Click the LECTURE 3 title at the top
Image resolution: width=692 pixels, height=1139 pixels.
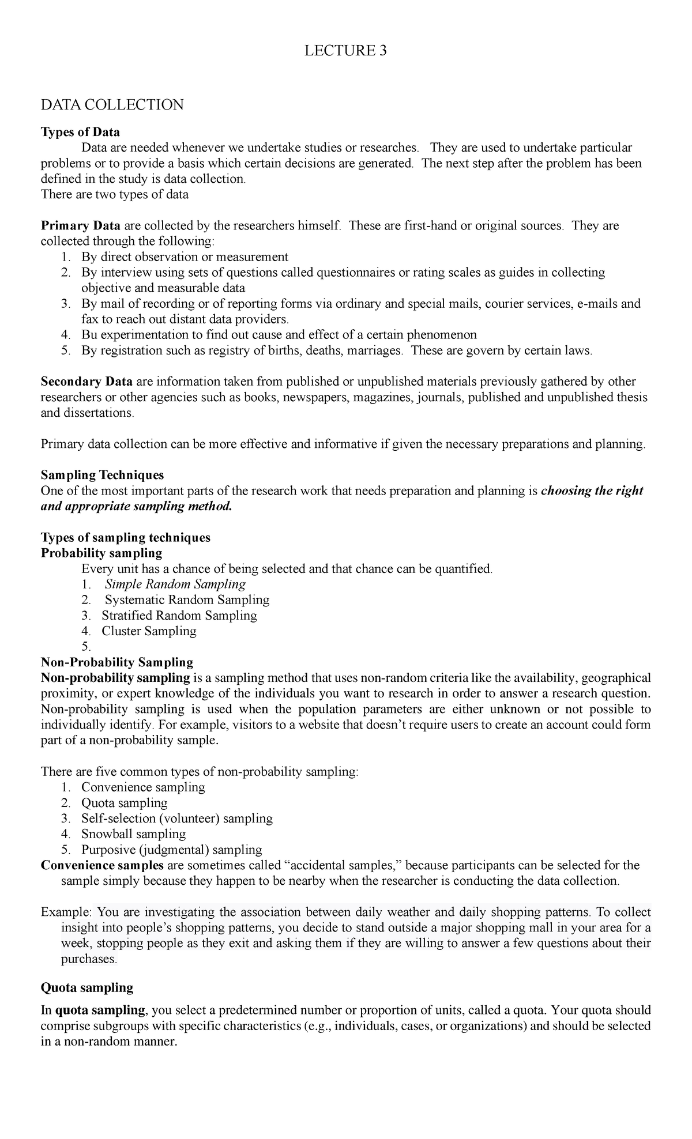pos(345,51)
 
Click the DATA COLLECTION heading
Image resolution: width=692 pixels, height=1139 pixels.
pos(112,105)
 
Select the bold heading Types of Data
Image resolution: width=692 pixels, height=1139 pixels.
pos(80,133)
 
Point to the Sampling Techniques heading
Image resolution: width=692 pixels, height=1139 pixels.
pos(102,475)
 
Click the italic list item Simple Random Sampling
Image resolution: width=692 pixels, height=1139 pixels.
pos(175,584)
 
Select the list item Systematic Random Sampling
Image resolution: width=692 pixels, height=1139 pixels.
pos(186,599)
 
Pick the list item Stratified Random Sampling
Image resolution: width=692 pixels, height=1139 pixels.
pos(179,615)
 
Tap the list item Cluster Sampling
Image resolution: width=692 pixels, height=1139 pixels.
pos(149,631)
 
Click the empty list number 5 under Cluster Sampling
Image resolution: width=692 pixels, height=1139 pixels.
pos(85,646)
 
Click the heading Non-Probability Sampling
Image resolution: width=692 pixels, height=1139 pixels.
pos(117,662)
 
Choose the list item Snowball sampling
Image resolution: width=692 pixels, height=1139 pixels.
pos(133,833)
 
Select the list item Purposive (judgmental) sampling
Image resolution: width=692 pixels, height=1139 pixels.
pos(171,849)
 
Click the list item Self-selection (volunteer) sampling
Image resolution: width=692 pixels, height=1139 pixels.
pos(176,818)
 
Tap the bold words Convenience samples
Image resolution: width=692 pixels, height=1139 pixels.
pos(102,865)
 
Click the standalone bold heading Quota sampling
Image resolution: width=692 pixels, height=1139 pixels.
pos(87,987)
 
